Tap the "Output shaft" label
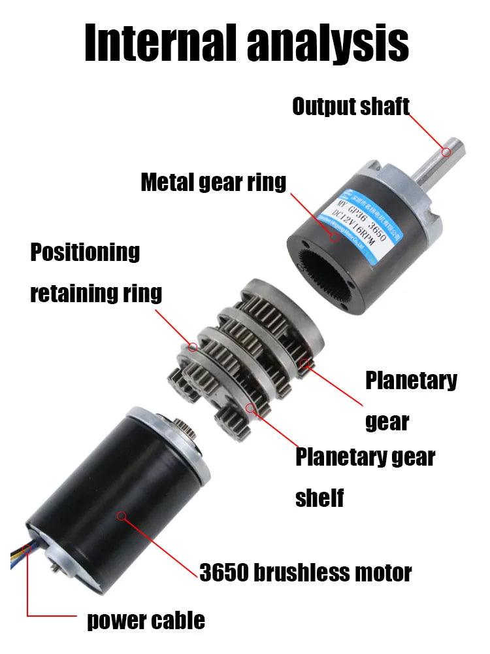coord(350,107)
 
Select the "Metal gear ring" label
coord(213,182)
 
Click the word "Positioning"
coord(85,252)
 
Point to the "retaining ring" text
coord(96,293)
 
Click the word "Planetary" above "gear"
coord(411,381)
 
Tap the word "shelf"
coord(319,498)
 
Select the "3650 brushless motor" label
coord(306,573)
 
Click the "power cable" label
coord(146,619)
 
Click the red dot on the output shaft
coord(446,152)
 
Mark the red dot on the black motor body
coord(121,516)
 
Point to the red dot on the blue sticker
coord(335,236)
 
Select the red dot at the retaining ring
coord(193,347)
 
